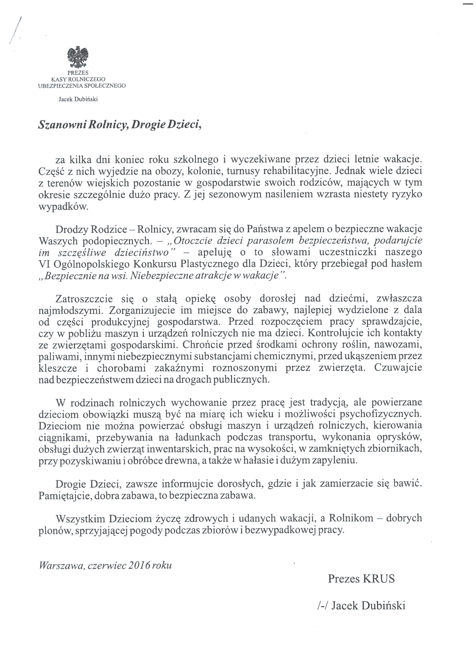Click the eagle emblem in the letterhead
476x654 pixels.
coord(78,58)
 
